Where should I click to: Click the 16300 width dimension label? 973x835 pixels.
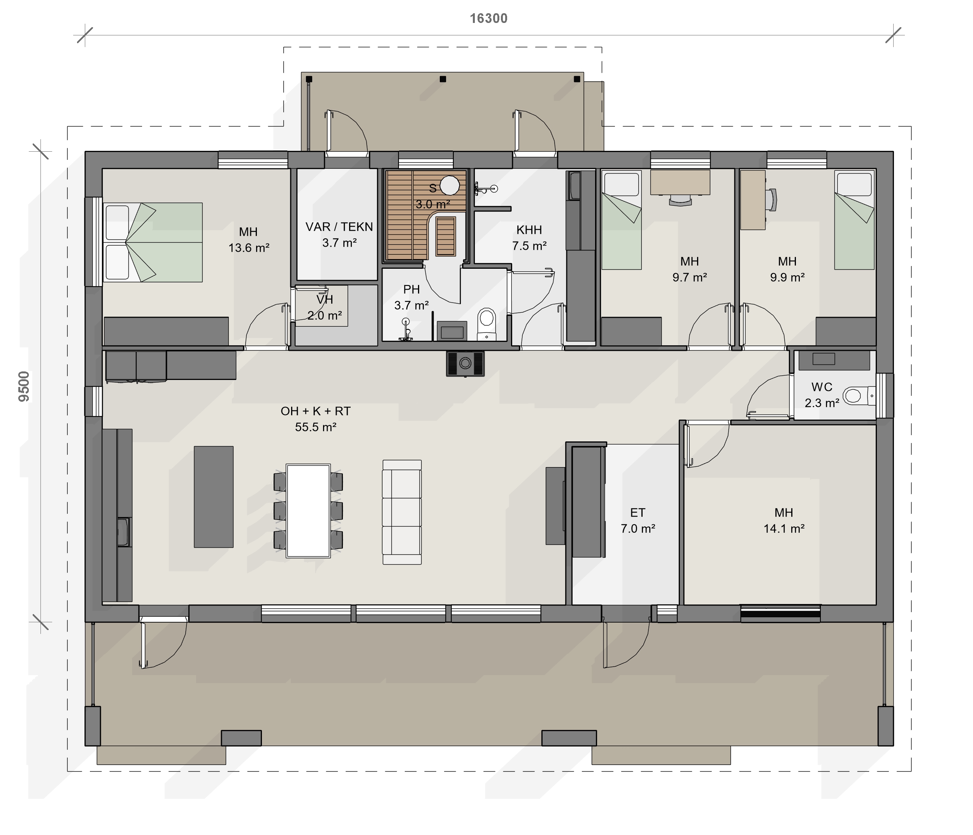[488, 18]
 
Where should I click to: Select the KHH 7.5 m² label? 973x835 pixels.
[529, 238]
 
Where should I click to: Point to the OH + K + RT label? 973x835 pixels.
[316, 411]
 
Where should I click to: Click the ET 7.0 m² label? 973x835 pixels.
[638, 520]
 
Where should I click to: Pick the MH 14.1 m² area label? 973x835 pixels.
[784, 520]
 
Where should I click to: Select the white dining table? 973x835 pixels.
[308, 511]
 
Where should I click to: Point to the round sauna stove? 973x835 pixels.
[450, 186]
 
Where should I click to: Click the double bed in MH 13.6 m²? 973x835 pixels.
[153, 242]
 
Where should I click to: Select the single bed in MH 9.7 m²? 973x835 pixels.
[621, 220]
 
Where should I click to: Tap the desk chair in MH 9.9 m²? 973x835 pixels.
[771, 200]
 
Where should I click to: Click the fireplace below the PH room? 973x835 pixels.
[465, 363]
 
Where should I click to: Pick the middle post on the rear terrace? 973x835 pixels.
[443, 79]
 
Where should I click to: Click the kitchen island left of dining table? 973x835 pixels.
[214, 497]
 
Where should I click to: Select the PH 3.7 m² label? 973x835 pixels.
[411, 298]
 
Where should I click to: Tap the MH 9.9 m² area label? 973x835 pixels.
[787, 270]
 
